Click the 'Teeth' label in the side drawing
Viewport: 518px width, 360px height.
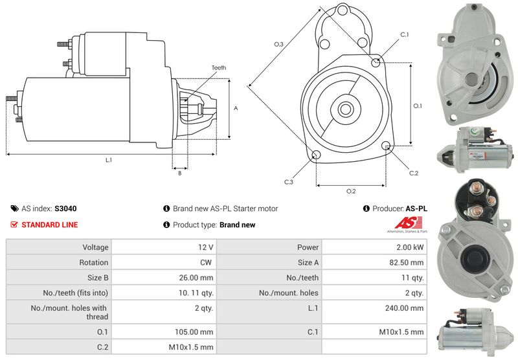[219, 68]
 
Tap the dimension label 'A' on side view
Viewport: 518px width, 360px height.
[236, 108]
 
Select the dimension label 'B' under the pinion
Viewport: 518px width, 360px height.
[179, 172]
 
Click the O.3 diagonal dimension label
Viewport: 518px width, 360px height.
[278, 44]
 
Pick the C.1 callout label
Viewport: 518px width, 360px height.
[404, 34]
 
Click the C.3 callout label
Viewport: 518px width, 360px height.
[289, 182]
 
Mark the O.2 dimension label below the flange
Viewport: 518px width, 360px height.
[351, 191]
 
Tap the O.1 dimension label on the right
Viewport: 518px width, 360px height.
[418, 106]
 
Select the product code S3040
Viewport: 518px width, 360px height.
[65, 209]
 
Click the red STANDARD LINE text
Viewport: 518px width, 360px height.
[50, 225]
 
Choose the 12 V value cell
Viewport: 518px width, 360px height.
[207, 247]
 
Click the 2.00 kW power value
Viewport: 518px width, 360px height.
[411, 247]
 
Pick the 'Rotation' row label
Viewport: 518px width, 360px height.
[95, 262]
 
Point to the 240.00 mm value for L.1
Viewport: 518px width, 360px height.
[407, 308]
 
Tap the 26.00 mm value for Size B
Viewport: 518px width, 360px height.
[198, 277]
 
